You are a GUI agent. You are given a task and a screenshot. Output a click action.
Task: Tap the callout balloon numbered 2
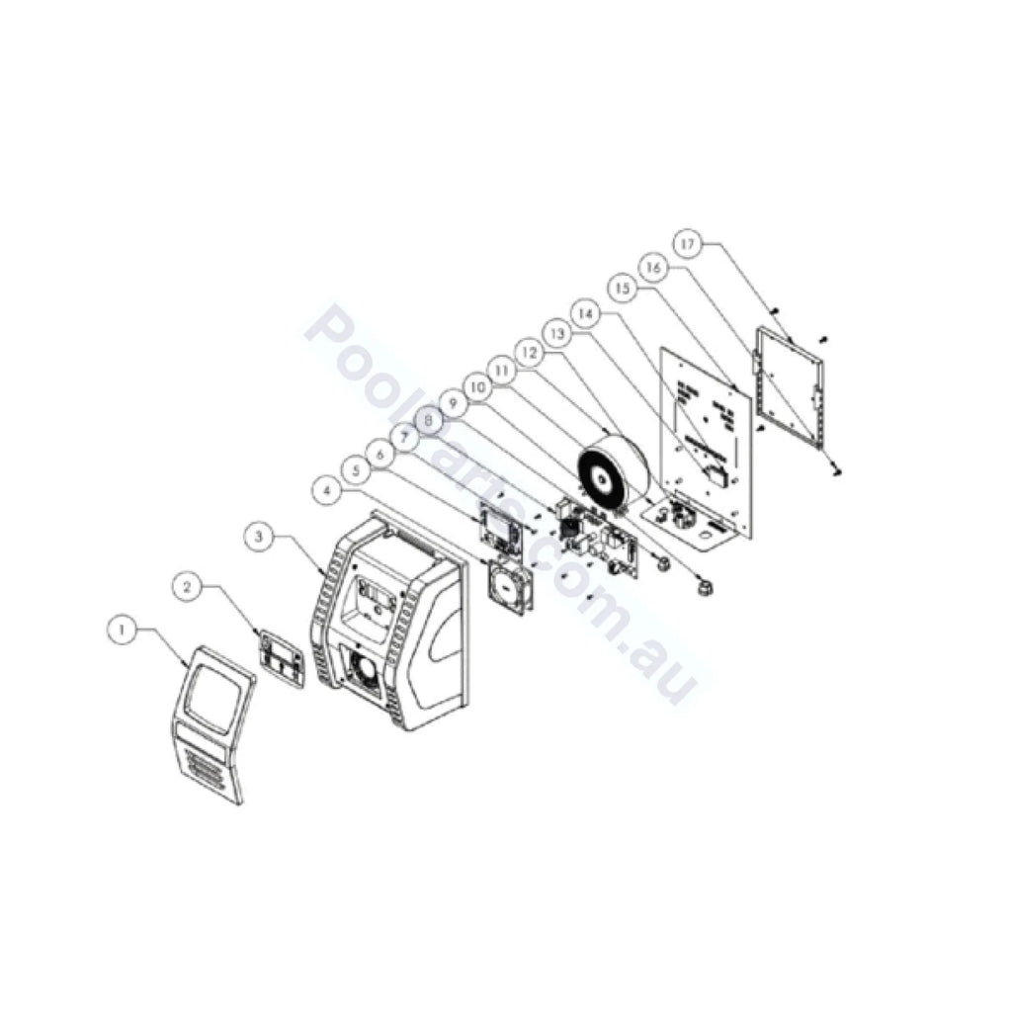(188, 586)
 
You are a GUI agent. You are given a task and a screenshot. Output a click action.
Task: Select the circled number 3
(258, 537)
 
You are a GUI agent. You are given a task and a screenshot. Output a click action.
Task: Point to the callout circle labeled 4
(326, 487)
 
